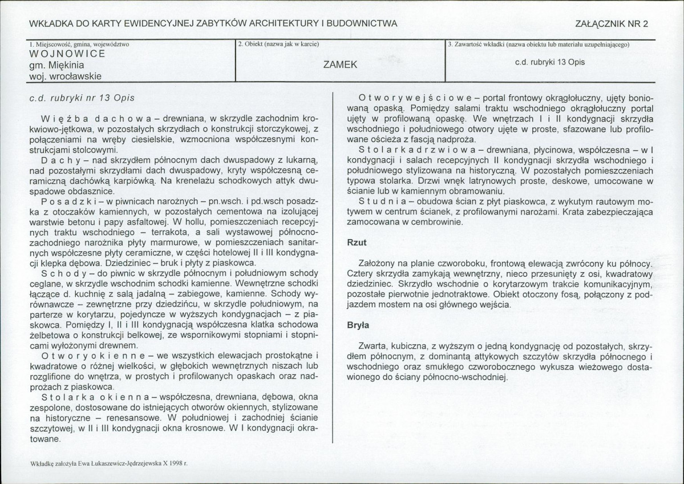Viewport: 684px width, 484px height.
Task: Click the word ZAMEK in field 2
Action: (x=340, y=64)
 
